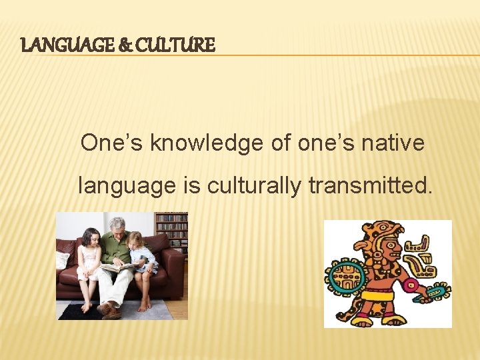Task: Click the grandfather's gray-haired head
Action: click(117, 225)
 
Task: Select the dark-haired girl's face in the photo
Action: click(91, 238)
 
